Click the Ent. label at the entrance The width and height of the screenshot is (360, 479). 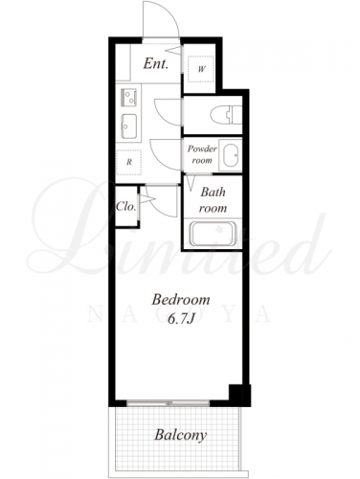[x=155, y=63]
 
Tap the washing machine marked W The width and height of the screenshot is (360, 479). [x=200, y=69]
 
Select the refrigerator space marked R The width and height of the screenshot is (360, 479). [x=128, y=162]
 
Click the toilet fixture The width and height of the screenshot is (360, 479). [x=226, y=115]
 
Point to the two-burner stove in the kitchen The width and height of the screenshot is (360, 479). [x=128, y=98]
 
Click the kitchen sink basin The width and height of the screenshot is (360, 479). [x=129, y=126]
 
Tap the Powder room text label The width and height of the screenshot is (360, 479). [x=202, y=154]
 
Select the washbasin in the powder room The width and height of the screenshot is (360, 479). [x=231, y=155]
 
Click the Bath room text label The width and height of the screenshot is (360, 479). [x=213, y=200]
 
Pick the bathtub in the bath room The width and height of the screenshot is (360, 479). [x=213, y=234]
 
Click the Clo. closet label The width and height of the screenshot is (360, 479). [x=126, y=206]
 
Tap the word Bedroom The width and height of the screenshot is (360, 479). [x=181, y=300]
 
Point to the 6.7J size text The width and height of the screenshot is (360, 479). [x=181, y=319]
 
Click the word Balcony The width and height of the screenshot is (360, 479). [x=181, y=435]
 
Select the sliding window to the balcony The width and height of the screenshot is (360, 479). [x=169, y=403]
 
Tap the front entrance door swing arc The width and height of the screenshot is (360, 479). [x=169, y=11]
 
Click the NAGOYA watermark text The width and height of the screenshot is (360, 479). [x=179, y=314]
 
